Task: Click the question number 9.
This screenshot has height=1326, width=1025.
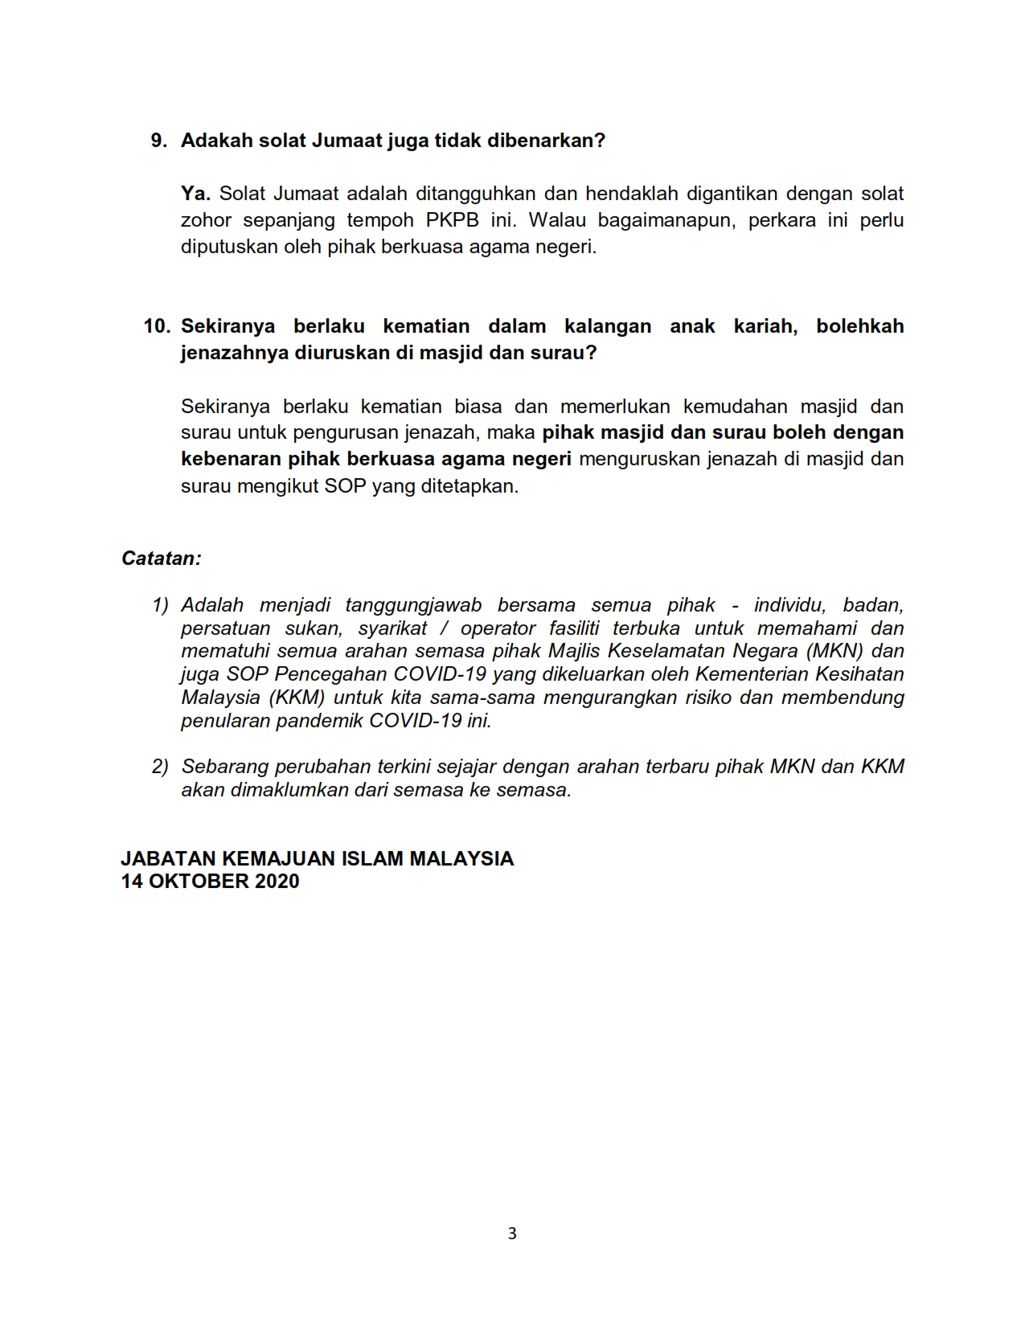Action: click(158, 141)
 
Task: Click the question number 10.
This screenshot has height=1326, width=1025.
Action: click(157, 326)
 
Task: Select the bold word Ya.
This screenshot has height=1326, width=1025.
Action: click(195, 194)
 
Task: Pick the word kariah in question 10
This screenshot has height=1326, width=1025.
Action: click(765, 326)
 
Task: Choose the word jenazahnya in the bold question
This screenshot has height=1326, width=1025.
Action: click(231, 353)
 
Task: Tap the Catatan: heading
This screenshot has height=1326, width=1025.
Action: click(161, 559)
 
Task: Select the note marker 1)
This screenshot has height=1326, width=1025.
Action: click(160, 605)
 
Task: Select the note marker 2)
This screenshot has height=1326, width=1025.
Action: click(160, 767)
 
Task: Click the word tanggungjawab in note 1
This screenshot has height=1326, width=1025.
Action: click(413, 605)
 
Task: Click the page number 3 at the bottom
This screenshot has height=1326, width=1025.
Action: click(512, 1234)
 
